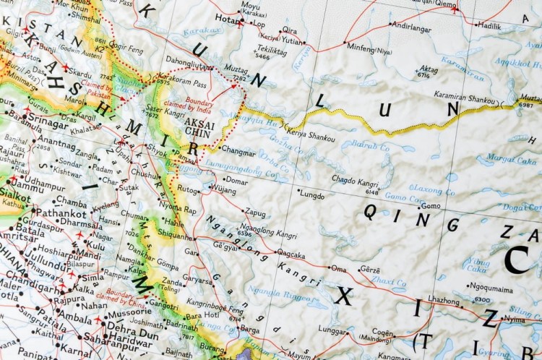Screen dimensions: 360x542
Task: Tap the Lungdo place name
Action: (311, 194)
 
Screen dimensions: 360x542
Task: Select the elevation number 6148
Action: (372, 192)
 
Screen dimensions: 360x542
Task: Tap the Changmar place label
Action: (238, 153)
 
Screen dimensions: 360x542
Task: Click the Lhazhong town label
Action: (443, 299)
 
